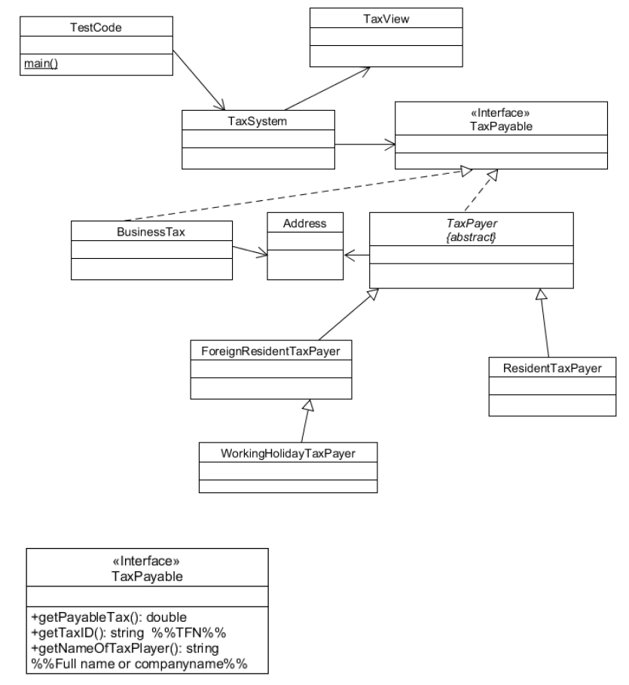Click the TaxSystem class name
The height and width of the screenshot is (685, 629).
257,120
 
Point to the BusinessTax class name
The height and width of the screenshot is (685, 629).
151,232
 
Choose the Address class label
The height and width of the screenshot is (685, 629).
305,224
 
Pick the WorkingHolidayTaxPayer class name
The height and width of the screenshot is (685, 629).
288,453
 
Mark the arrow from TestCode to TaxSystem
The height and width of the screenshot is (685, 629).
200,81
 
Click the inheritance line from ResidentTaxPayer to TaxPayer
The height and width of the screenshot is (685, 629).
543,324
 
